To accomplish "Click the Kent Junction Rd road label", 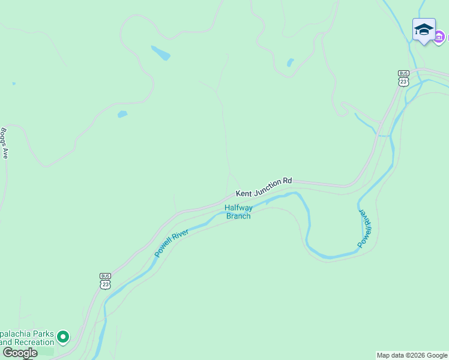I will click(x=264, y=187).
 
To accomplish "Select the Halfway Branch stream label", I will click(x=238, y=212).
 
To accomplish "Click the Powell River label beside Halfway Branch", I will click(x=172, y=243).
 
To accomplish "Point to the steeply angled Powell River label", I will click(x=365, y=229).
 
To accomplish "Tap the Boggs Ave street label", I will click(x=5, y=143).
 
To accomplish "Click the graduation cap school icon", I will click(x=424, y=29).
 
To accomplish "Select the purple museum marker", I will click(x=439, y=37).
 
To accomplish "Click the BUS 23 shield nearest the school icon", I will click(x=403, y=77).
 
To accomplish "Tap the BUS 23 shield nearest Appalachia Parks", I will click(x=105, y=280).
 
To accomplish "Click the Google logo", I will click(x=20, y=353).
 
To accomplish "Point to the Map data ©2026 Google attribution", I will click(x=412, y=355).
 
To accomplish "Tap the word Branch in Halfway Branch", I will click(x=238, y=216).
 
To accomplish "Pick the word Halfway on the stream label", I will click(x=238, y=208).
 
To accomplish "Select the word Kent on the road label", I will click(x=243, y=193).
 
